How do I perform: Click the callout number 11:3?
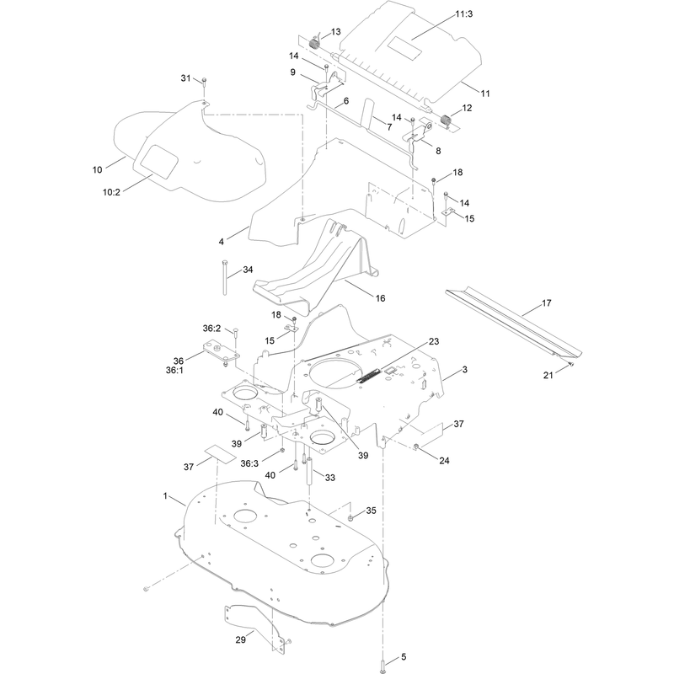click(464, 14)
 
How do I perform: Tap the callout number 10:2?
click(111, 192)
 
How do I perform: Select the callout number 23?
click(434, 341)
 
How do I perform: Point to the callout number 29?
click(241, 639)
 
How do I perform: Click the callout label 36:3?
click(249, 463)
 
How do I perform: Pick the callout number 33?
click(330, 478)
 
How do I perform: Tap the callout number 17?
click(546, 303)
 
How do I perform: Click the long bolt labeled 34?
click(225, 277)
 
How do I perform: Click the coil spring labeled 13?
click(314, 43)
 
